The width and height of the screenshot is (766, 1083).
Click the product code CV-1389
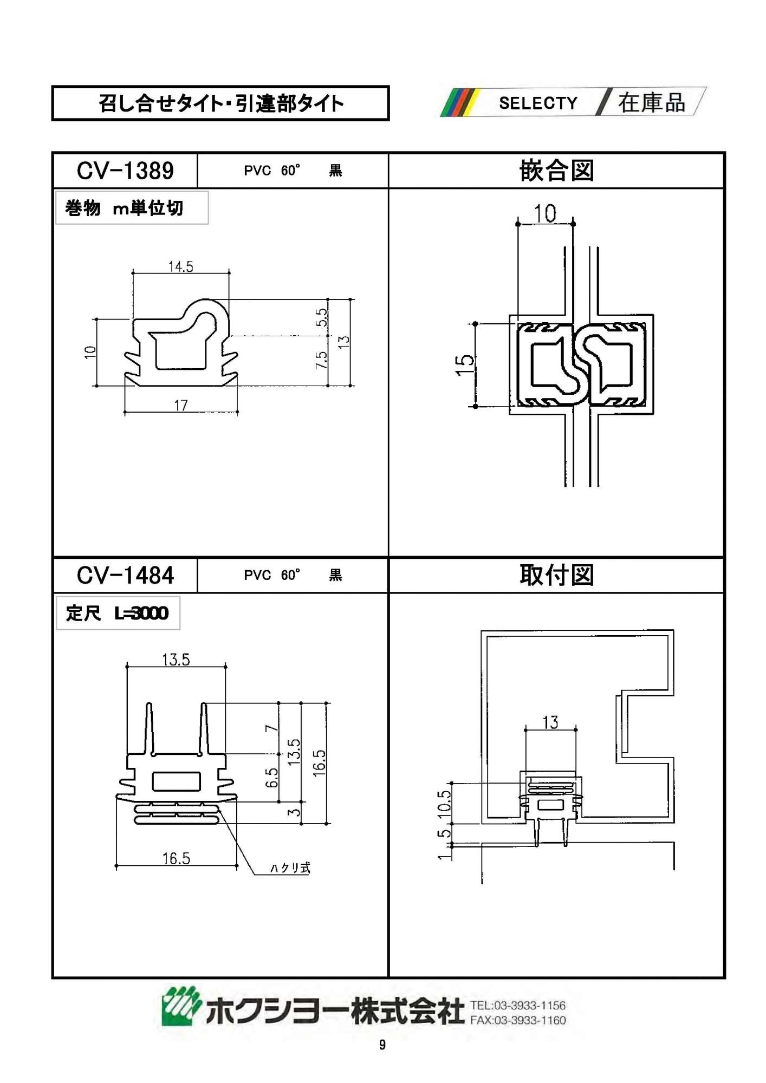(125, 171)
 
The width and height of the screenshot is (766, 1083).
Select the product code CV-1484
(125, 575)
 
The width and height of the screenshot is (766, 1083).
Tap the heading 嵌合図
(556, 171)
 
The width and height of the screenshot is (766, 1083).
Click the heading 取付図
(556, 575)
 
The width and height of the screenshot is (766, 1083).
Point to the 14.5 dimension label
(180, 266)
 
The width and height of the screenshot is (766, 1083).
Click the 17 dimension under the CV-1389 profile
(180, 405)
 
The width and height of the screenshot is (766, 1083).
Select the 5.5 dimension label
(322, 317)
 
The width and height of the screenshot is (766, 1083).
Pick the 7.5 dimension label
(322, 360)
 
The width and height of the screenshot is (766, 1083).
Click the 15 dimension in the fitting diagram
(465, 365)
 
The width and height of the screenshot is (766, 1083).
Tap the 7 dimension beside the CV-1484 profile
(271, 728)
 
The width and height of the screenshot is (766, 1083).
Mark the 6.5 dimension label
(271, 778)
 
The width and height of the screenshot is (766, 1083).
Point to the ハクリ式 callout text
(290, 867)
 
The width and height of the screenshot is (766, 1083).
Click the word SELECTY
(538, 103)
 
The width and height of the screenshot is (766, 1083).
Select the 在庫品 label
(651, 103)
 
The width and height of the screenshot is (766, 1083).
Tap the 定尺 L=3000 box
(118, 613)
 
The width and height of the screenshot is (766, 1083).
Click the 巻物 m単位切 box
(131, 208)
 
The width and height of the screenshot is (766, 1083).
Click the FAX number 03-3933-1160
(518, 1020)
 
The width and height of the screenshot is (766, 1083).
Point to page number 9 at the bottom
(382, 1045)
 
